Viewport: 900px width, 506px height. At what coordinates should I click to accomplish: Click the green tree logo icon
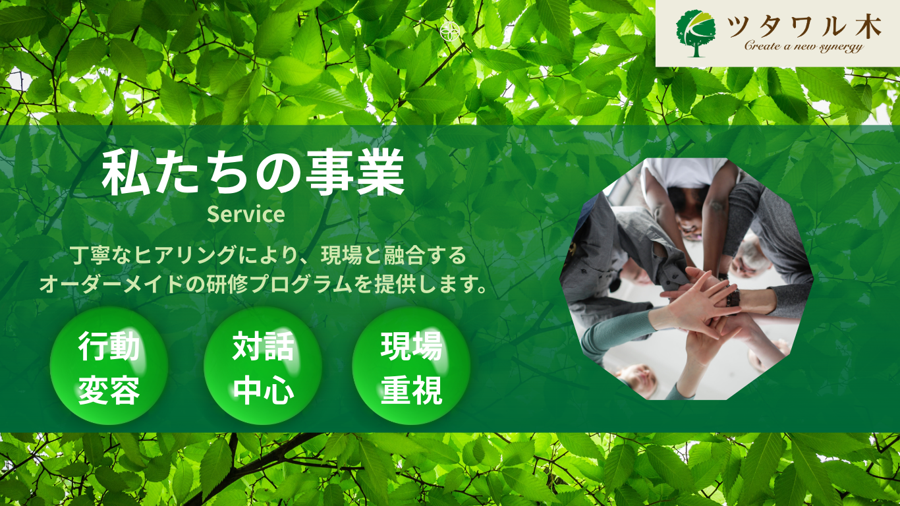[696, 34]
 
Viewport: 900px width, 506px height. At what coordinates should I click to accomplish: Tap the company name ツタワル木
[804, 27]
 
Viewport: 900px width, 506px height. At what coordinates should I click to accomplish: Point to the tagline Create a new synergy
[804, 46]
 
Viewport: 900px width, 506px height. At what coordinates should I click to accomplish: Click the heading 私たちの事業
[253, 173]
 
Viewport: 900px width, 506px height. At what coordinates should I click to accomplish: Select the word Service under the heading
[246, 214]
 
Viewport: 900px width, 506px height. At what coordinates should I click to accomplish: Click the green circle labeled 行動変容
[109, 366]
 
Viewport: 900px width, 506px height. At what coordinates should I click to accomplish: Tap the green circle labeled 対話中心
[263, 366]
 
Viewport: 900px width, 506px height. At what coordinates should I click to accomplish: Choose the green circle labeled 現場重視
[411, 366]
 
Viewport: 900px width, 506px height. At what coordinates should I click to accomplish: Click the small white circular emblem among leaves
[449, 32]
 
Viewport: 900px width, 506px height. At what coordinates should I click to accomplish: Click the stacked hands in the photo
[701, 306]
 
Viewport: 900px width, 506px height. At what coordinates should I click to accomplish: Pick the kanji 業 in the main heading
[381, 173]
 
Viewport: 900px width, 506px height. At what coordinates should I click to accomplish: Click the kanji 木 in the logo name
[868, 27]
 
